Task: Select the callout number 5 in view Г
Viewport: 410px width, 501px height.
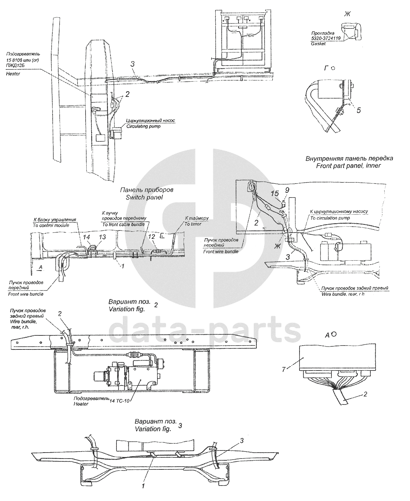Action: tap(358, 111)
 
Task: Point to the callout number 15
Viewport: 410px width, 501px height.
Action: tap(276, 193)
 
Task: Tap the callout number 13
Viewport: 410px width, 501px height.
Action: tap(102, 238)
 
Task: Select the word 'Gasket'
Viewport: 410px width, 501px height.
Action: tap(318, 44)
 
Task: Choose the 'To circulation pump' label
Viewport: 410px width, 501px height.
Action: tap(330, 218)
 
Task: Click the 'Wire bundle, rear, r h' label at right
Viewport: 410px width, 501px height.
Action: tap(343, 294)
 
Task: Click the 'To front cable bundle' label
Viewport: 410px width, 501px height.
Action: tap(125, 224)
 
